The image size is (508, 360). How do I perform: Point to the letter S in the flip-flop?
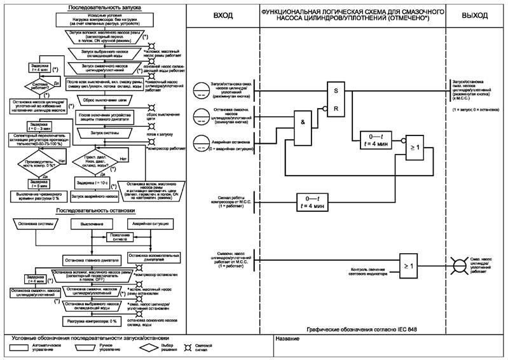pos(337,91)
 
